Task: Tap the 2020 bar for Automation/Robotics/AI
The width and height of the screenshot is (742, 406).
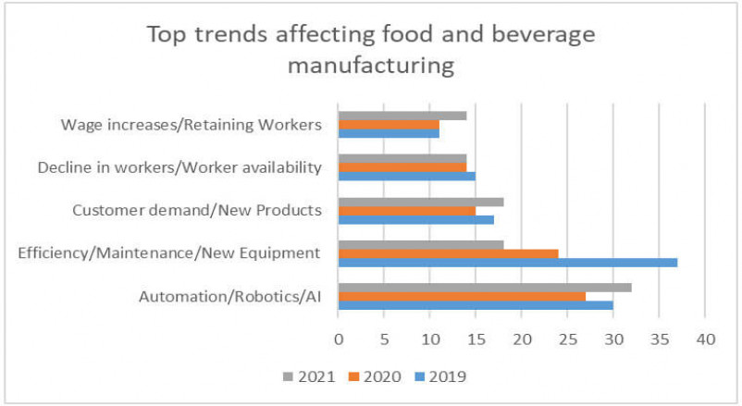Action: [x=462, y=297]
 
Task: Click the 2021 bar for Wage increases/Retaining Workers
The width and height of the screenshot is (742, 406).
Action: [x=402, y=115]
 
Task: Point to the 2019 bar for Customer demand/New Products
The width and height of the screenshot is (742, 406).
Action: [x=415, y=219]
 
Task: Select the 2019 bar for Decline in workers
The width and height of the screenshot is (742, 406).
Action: [x=406, y=176]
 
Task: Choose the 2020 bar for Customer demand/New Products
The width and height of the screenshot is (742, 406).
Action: [x=406, y=210]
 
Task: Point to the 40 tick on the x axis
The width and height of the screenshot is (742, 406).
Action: [x=705, y=339]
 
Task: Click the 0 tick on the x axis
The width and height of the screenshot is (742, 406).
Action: [x=339, y=339]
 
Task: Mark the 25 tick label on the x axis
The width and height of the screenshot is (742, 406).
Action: [x=567, y=339]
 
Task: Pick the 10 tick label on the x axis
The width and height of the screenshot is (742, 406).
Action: [x=430, y=339]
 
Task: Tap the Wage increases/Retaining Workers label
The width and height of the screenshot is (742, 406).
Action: [x=191, y=124]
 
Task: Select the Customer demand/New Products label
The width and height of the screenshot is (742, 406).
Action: [x=197, y=210]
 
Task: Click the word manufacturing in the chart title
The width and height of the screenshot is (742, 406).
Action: [x=370, y=68]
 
